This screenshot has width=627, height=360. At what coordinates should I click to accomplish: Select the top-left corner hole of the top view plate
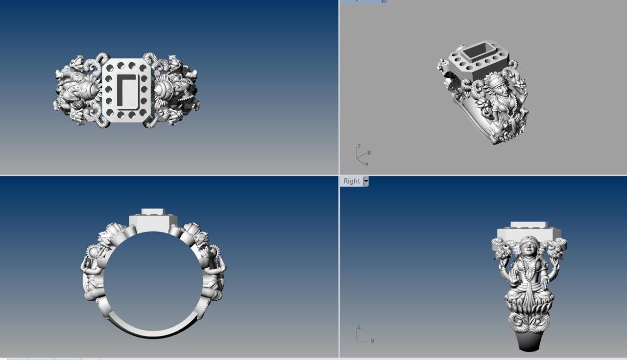109,67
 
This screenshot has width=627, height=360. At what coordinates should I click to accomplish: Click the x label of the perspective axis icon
366,164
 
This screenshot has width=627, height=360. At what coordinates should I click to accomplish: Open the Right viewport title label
352,181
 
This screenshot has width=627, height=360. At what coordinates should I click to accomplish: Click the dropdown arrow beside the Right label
365,181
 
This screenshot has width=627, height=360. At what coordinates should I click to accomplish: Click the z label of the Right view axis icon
359,327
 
